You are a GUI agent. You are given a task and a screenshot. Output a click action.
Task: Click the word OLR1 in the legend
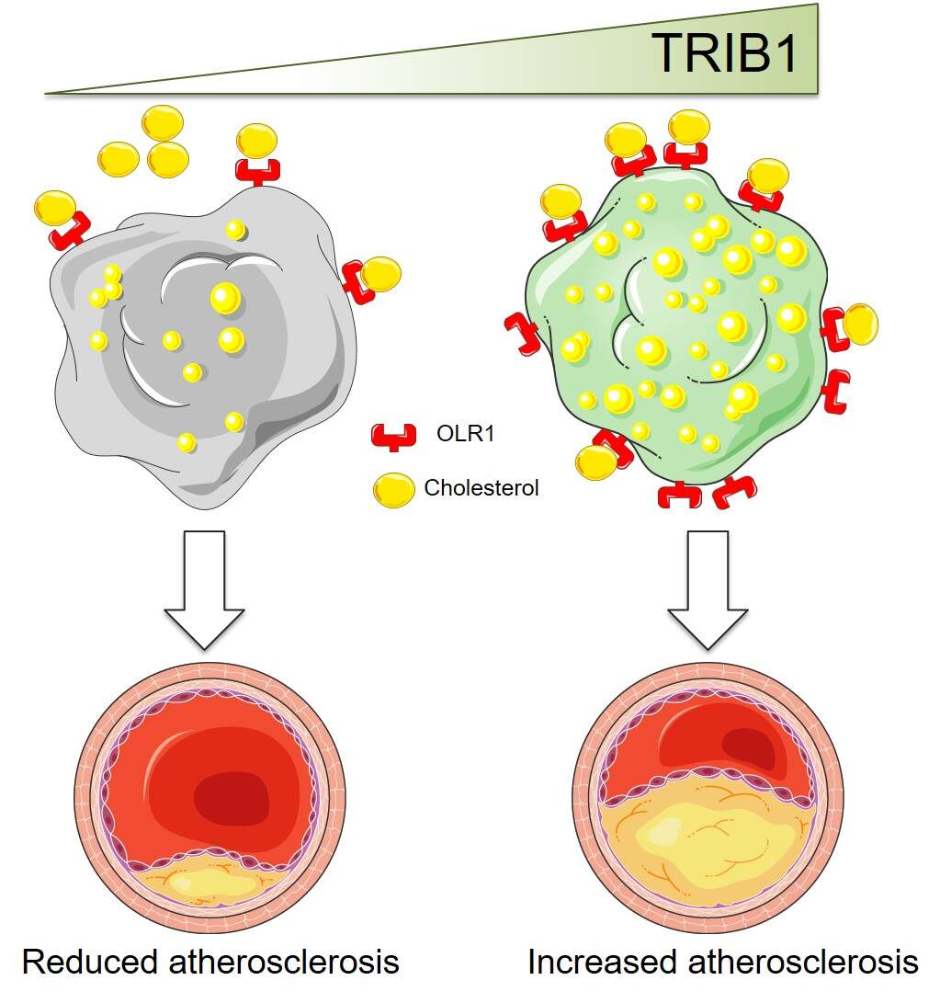(465, 433)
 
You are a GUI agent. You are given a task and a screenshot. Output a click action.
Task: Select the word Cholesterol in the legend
(481, 488)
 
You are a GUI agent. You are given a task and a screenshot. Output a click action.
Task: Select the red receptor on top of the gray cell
(257, 172)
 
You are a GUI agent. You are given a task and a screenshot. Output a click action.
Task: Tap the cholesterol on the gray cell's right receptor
(380, 274)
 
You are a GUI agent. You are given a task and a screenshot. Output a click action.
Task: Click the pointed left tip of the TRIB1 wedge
(48, 92)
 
